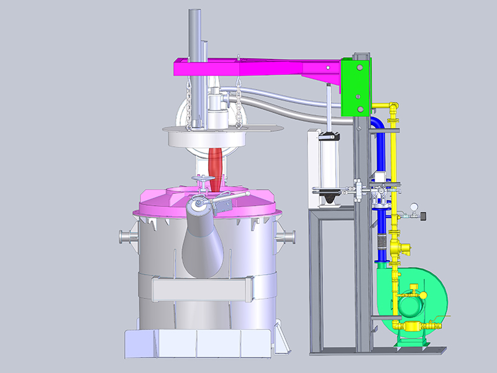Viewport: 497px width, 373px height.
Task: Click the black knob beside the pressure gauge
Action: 423,216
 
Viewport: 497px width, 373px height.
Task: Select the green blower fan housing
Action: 416,298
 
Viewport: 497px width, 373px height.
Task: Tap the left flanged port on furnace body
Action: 125,237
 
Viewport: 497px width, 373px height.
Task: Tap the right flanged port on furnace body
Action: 288,237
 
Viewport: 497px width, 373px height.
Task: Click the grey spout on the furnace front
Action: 203,242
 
